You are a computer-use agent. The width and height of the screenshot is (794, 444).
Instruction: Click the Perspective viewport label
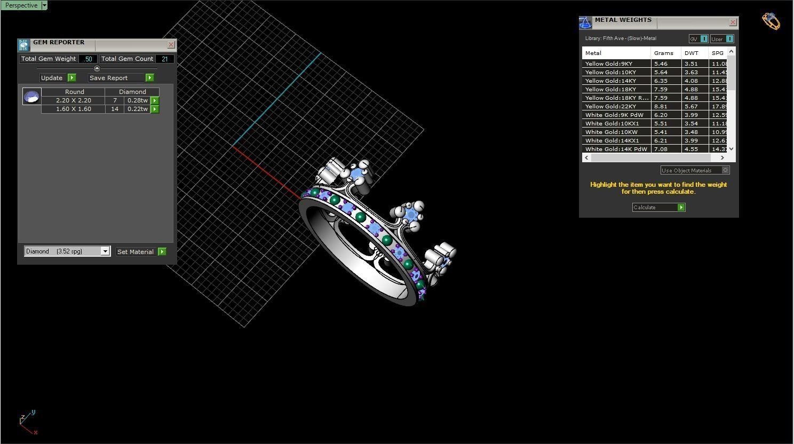point(21,5)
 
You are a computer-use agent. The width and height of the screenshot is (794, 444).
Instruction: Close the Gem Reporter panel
point(171,45)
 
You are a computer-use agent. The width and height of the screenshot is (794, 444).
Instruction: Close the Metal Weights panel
point(733,22)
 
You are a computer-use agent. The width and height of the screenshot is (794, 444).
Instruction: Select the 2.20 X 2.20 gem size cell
point(73,100)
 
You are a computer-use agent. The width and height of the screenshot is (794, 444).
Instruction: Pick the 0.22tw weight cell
point(137,109)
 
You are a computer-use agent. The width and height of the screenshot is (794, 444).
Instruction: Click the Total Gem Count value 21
point(164,59)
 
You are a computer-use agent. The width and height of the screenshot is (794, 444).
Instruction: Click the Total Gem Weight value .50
point(88,59)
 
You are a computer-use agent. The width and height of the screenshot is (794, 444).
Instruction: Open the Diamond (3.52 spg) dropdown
point(105,251)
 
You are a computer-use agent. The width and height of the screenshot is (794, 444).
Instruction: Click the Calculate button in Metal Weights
point(658,207)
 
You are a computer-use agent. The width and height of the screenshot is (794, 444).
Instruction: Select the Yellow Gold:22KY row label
point(610,106)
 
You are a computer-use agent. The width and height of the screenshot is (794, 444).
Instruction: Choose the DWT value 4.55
point(691,149)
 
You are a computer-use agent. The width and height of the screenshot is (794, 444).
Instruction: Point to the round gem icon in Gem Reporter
point(32,97)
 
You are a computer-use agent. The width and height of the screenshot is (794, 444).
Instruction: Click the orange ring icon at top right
point(771,21)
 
